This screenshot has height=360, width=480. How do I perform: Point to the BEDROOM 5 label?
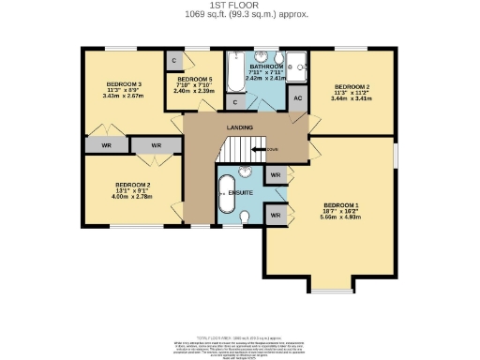pos(197,80)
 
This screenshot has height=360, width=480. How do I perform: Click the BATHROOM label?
pos(264,67)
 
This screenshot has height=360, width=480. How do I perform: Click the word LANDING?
pos(240,127)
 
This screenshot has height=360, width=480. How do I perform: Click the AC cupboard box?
pos(298,98)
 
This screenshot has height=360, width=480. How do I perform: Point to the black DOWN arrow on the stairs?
pos(257,149)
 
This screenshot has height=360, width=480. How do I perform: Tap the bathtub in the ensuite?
pos(227,193)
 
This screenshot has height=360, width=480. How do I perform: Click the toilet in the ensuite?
pos(245,217)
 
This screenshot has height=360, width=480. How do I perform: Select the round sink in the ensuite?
pos(247,172)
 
